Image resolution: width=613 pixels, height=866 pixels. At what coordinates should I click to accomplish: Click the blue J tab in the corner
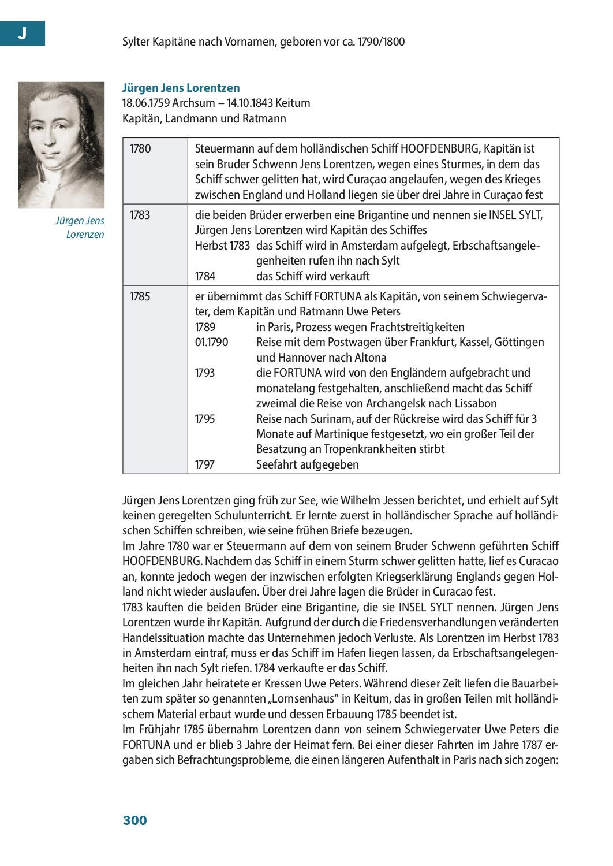coord(22,34)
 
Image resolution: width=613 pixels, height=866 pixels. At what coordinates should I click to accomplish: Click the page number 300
coord(135,820)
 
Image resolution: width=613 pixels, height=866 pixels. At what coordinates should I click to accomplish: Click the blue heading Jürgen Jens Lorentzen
coord(181,88)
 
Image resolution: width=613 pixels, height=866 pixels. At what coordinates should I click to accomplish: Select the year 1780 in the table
coord(140,149)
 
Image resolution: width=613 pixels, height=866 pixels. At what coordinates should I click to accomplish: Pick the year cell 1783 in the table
coord(140,215)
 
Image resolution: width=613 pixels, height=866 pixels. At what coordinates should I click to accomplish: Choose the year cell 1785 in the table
coord(140,296)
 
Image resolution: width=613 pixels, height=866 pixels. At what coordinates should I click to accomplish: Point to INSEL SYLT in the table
coord(516,215)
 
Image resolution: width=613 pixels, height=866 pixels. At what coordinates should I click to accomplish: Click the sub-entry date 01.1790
coord(212,342)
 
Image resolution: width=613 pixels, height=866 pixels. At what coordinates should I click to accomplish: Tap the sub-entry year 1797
coord(205,464)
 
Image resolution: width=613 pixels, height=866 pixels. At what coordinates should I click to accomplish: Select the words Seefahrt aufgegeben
coord(307,464)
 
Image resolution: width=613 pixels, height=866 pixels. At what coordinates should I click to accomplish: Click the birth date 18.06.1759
coord(147,103)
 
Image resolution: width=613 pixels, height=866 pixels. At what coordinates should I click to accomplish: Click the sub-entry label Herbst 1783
coord(222,246)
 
